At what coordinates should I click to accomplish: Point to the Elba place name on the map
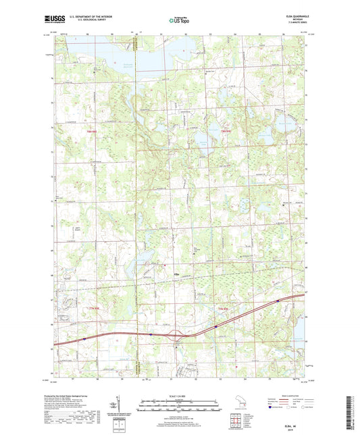177,274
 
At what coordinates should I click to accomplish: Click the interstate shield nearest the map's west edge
84,340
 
